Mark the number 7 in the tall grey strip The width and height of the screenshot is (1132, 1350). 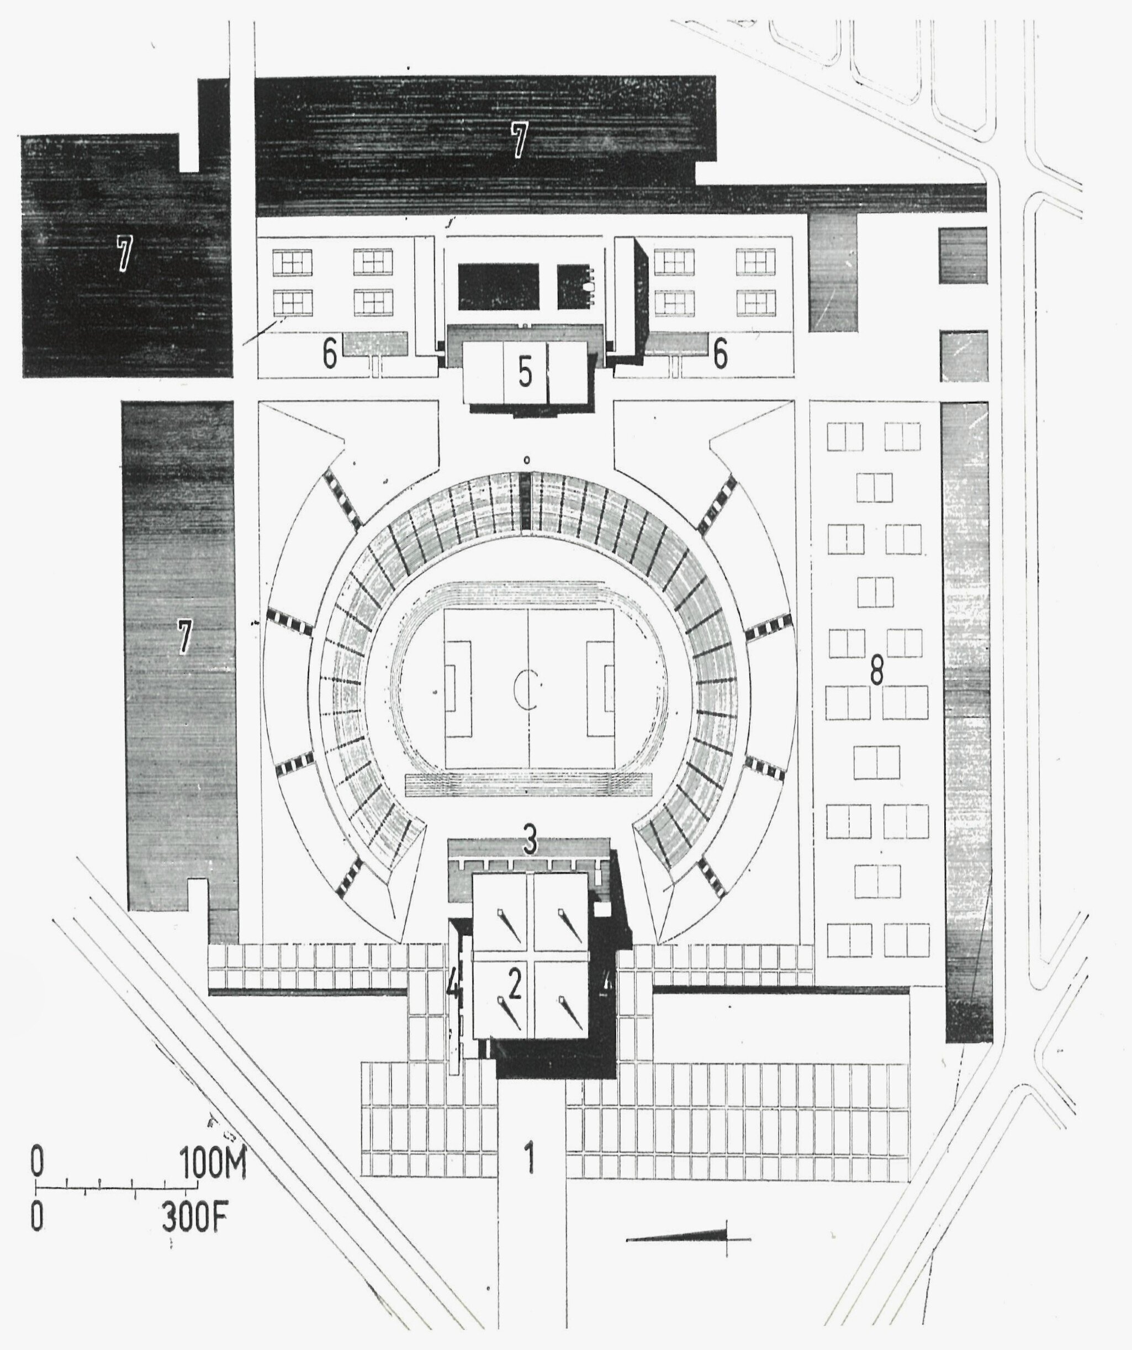point(184,636)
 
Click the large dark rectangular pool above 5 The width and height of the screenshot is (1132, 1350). point(498,286)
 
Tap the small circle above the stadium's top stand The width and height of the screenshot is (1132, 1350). point(526,460)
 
